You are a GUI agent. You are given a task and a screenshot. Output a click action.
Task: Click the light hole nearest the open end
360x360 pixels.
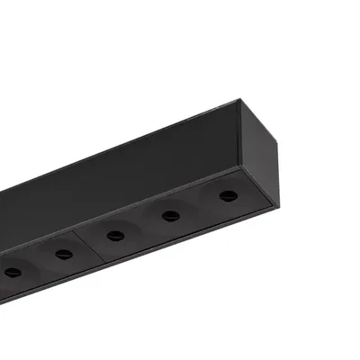coord(229,195)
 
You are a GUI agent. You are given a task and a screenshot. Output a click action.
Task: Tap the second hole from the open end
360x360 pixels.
coord(168,215)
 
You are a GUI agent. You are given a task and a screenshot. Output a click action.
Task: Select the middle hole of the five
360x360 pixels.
coord(115,235)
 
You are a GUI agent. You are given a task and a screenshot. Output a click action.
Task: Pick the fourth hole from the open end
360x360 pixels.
coord(62,254)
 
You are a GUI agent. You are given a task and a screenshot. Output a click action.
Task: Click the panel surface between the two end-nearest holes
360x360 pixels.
coord(199,205)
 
